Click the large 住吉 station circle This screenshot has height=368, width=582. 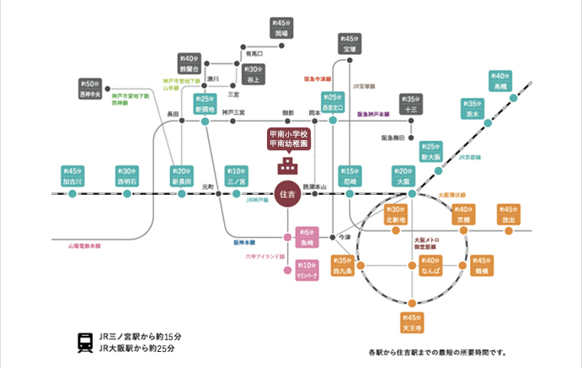click(286, 194)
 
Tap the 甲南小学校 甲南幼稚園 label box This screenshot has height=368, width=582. click(288, 138)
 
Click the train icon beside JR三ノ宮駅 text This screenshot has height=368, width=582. click(85, 342)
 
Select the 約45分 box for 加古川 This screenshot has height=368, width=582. click(72, 176)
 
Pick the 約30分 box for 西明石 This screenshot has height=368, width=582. click(127, 176)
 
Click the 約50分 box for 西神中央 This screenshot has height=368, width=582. click(90, 89)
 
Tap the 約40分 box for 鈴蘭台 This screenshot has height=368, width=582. click(188, 62)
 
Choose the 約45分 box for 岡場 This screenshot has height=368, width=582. click(282, 28)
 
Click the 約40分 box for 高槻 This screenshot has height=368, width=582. click(500, 80)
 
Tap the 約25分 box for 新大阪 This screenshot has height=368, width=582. click(430, 151)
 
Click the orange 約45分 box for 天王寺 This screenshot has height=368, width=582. click(411, 322)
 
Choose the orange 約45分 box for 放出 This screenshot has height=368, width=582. click(508, 214)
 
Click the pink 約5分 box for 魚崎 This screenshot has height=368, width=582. click(307, 237)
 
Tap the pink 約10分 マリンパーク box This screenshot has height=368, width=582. click(307, 270)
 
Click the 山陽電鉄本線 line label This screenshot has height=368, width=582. click(85, 246)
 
